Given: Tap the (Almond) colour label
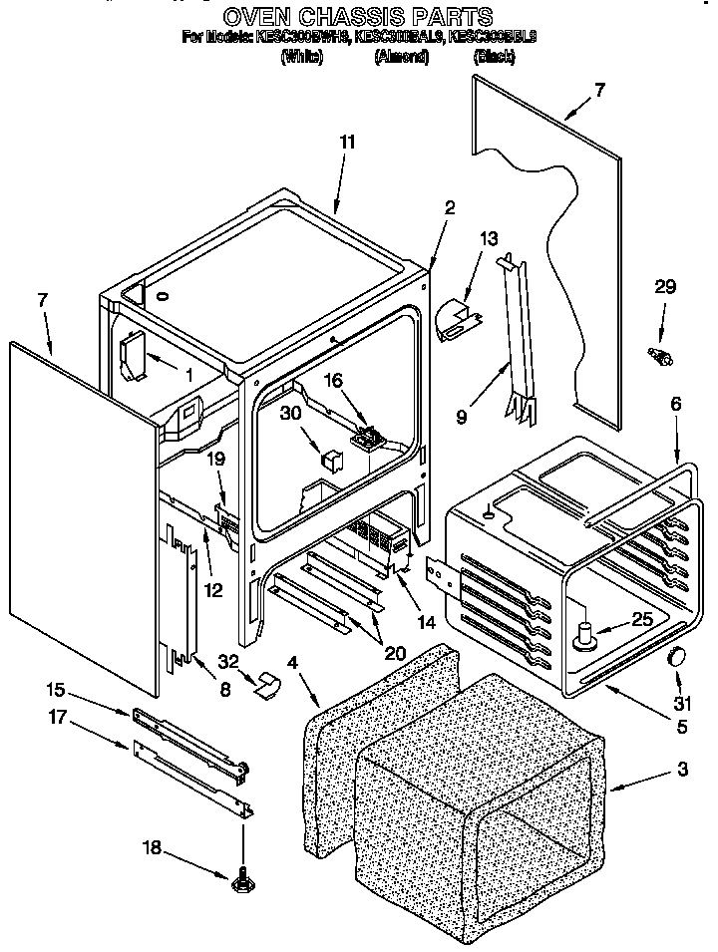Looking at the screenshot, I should tap(401, 58).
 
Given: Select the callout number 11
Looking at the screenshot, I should tap(347, 143).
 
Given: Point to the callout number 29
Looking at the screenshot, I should tap(664, 288).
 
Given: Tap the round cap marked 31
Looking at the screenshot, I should tap(678, 656).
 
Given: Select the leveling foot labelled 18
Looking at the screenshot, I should tap(241, 881).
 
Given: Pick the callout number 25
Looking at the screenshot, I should tap(642, 619).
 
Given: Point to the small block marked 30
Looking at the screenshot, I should tap(333, 458).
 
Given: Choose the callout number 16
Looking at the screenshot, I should tap(333, 380).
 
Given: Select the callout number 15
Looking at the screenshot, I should tap(56, 690).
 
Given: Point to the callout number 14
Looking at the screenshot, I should tap(427, 622).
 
